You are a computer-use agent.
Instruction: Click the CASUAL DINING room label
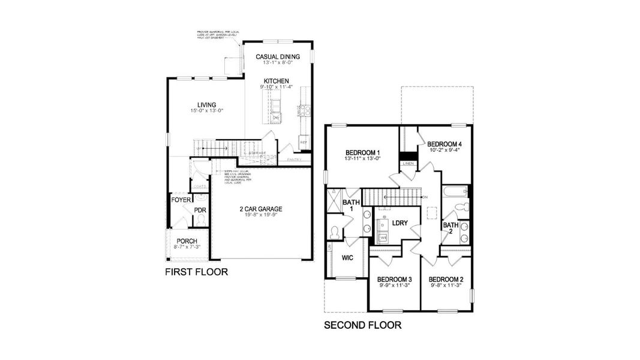(x=277, y=57)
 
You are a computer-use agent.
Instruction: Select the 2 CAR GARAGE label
(x=260, y=209)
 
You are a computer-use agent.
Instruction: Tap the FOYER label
(x=181, y=200)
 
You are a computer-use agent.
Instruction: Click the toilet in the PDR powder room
(x=200, y=220)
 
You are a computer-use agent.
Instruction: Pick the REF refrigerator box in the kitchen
(x=304, y=143)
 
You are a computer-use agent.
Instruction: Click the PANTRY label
(x=294, y=160)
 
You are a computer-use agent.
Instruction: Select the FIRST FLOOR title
(x=196, y=272)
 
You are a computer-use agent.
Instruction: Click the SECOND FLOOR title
(x=362, y=326)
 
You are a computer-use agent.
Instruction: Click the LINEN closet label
(x=408, y=163)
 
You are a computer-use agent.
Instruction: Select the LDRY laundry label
(x=399, y=223)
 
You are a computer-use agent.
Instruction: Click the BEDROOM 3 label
(x=394, y=279)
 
